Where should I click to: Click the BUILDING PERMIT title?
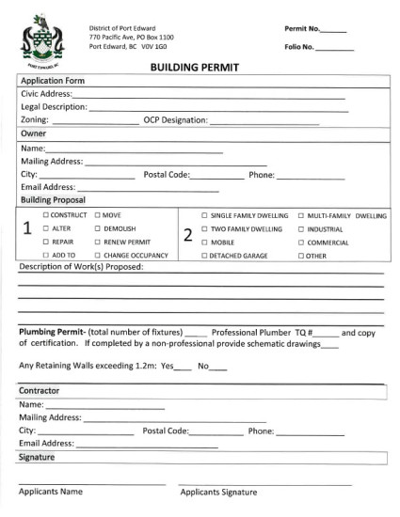195,68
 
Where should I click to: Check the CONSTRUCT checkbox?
46,215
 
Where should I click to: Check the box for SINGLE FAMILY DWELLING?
204,215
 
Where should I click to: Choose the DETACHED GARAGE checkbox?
204,256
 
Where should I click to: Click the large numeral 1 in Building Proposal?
27,229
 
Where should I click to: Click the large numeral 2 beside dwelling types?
187,235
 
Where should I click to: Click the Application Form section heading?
53,81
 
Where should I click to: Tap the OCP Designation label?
175,121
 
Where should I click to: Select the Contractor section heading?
40,390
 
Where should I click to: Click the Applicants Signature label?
218,492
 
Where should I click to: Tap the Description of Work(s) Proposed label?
81,267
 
